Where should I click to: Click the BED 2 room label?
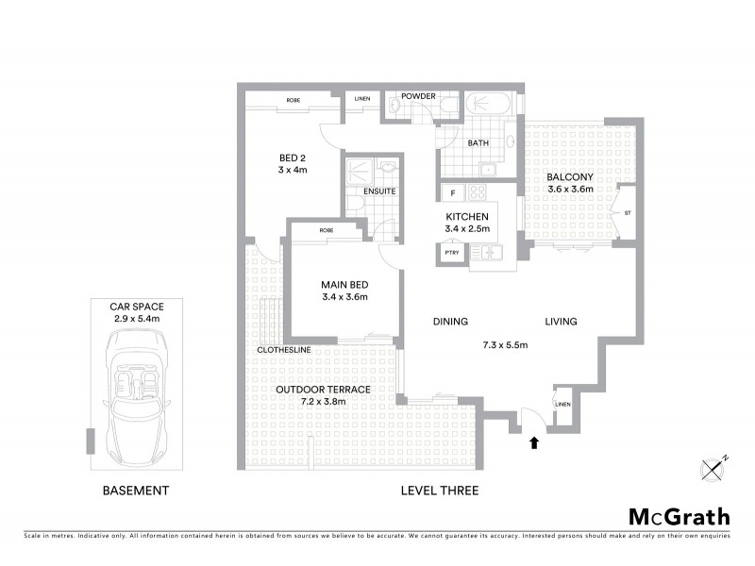(293, 157)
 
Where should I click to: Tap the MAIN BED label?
(344, 284)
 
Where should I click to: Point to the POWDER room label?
(418, 96)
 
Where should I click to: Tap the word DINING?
(450, 322)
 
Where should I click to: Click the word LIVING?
(561, 322)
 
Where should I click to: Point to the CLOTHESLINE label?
(284, 351)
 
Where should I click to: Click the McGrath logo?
(679, 516)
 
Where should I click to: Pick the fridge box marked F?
(453, 193)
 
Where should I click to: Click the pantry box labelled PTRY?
(451, 253)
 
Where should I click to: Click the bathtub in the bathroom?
(489, 103)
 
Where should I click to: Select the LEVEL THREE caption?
(439, 491)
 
